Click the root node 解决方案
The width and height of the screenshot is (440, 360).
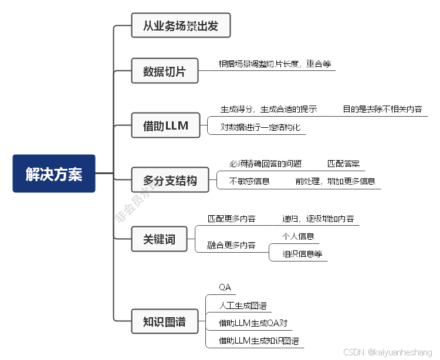(x=54, y=174)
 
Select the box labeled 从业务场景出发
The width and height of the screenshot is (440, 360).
(x=181, y=26)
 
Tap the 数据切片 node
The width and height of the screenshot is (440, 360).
(x=164, y=72)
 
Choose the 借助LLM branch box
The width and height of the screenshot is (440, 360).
(x=165, y=125)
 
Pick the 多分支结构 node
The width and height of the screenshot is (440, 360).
(x=170, y=180)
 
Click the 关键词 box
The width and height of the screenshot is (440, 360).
(x=159, y=239)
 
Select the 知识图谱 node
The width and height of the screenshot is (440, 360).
(x=164, y=321)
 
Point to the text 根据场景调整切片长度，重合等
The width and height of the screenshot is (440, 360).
(x=276, y=64)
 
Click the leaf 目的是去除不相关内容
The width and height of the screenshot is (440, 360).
(x=382, y=109)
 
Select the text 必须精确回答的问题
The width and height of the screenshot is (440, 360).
(x=265, y=164)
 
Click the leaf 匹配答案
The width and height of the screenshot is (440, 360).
(x=343, y=164)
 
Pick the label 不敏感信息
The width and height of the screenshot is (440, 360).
(x=249, y=181)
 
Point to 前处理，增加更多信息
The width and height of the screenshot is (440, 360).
(x=335, y=181)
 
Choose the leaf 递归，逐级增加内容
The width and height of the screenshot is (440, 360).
(x=318, y=219)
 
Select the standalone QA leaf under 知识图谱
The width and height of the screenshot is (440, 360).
(x=225, y=287)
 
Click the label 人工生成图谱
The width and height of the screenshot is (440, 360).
(x=242, y=305)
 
